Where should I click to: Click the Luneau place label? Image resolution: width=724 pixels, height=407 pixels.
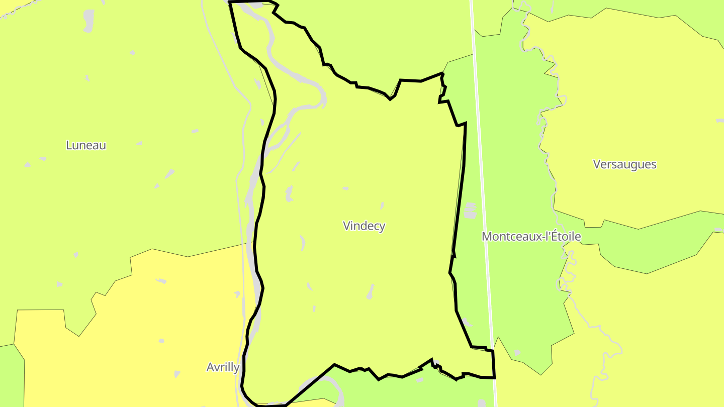tap(86, 145)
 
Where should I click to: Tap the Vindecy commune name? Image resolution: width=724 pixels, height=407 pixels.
tap(364, 226)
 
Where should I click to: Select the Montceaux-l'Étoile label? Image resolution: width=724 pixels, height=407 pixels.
tap(531, 237)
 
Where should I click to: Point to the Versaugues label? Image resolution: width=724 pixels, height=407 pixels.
tap(625, 164)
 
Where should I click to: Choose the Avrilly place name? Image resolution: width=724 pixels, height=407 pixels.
tap(223, 367)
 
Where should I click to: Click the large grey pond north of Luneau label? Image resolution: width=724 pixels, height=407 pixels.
tap(89, 21)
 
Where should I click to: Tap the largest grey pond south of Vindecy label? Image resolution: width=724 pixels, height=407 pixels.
tap(371, 291)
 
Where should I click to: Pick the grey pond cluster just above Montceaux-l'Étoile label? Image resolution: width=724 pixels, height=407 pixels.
tap(470, 211)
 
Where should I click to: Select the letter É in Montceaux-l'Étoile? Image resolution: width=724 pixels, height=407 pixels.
tap(550, 236)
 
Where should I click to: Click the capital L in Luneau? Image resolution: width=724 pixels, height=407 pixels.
tap(69, 145)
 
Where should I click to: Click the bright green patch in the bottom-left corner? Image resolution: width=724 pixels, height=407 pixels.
tap(10, 377)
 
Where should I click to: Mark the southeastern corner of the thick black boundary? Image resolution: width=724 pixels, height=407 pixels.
tap(494, 377)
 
